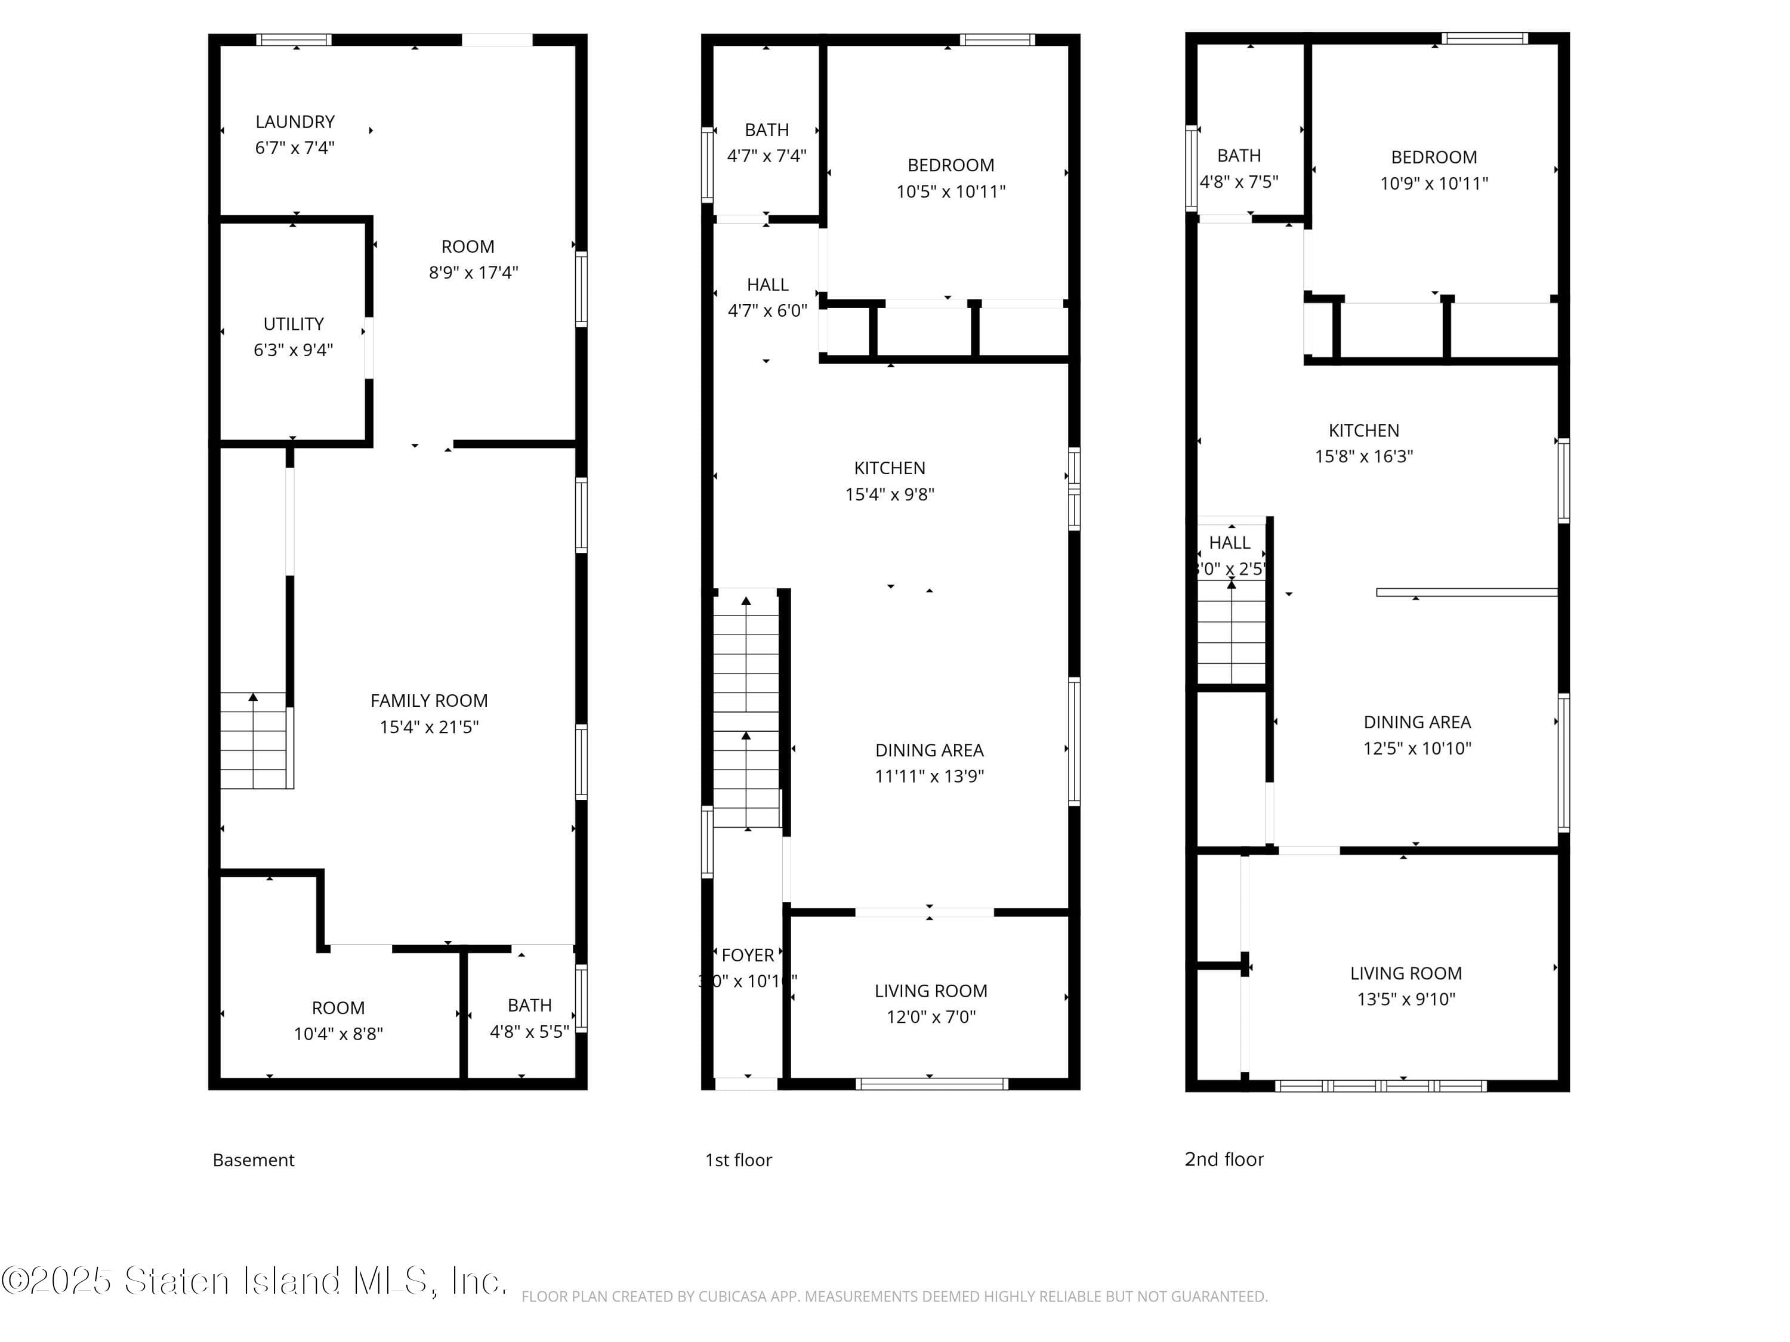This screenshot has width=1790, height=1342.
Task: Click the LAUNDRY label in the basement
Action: coord(295,122)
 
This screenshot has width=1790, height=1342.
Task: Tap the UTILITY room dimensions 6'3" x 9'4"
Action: coord(293,350)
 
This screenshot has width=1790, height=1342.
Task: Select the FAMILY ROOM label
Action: coord(429,701)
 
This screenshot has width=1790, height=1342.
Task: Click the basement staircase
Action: coord(254,741)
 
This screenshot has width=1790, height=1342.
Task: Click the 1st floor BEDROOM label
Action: coord(951,166)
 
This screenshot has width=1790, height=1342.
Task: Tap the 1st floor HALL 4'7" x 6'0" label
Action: coord(767,298)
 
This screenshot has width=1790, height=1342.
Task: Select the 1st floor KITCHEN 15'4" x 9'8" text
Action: coord(890,481)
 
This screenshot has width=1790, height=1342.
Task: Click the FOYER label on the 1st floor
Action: coord(747,956)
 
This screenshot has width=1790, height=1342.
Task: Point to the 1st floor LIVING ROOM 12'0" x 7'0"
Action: coord(931,1004)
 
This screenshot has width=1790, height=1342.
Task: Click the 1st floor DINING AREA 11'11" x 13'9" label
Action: coord(929,763)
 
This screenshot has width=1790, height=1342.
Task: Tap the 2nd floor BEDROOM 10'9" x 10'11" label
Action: coord(1434,171)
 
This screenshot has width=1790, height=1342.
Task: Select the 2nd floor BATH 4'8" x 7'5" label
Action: coord(1238,168)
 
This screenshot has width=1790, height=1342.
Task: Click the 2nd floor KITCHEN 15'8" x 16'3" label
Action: coord(1363,443)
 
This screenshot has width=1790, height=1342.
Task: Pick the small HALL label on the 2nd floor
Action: coord(1229,543)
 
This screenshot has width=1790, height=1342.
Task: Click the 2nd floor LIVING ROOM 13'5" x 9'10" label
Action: coord(1406,986)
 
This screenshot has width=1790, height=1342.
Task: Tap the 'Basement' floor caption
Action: coord(254,1160)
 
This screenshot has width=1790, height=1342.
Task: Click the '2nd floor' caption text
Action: coord(1224,1159)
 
